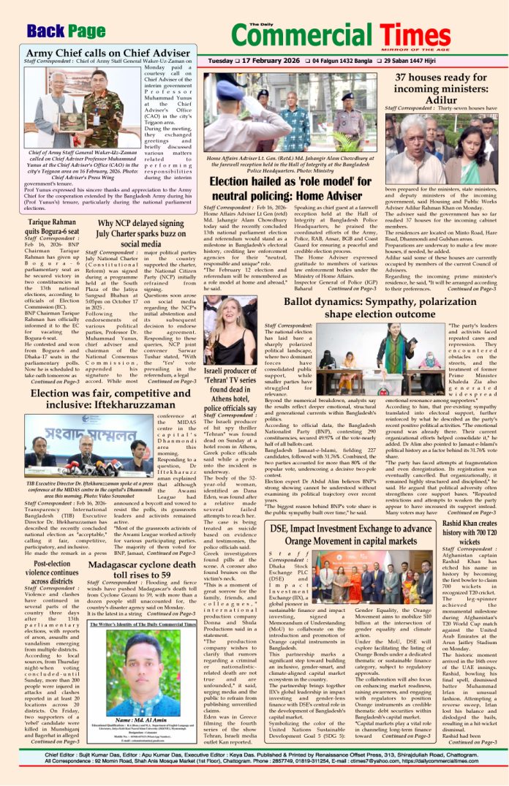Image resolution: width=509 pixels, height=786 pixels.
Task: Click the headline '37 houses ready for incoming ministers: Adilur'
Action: point(445,88)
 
